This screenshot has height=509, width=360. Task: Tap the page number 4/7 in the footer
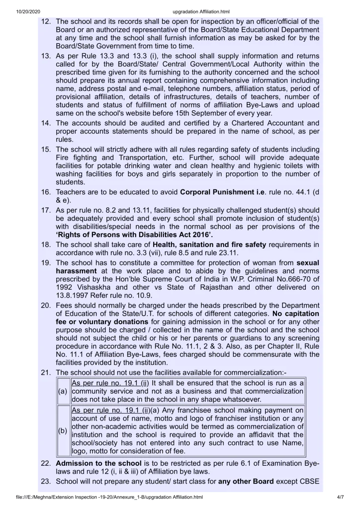[x=341, y=497]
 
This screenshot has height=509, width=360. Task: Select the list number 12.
[x=46, y=21]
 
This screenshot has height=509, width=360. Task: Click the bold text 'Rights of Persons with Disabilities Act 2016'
[x=134, y=235]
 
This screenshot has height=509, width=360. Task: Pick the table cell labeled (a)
[x=63, y=391]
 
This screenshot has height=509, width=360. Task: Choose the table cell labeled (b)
[x=63, y=431]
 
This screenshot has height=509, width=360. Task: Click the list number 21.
[x=46, y=373]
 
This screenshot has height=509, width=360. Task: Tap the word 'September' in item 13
[x=217, y=113]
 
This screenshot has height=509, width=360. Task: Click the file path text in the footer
[x=109, y=497]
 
